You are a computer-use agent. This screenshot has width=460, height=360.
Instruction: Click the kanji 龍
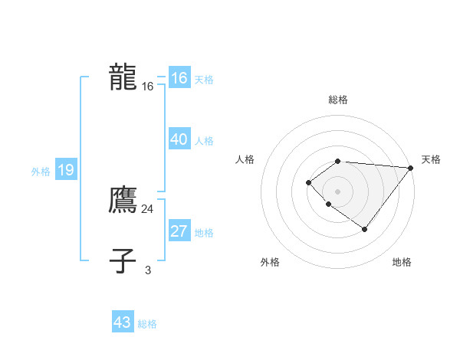click(x=123, y=77)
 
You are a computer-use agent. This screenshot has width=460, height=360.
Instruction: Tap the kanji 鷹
click(x=123, y=200)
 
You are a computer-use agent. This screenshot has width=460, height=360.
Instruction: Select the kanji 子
click(x=123, y=261)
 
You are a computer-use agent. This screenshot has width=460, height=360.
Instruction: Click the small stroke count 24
click(x=147, y=208)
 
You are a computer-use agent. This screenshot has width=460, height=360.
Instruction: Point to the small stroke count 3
click(x=148, y=270)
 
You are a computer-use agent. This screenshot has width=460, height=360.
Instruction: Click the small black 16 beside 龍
click(x=148, y=87)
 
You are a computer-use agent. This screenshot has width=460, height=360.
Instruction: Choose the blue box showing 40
click(x=179, y=139)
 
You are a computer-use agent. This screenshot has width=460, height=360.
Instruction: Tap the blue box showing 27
click(x=179, y=231)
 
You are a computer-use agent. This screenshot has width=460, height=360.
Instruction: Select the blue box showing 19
click(x=65, y=170)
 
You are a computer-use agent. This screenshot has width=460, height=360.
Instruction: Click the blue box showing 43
click(x=122, y=322)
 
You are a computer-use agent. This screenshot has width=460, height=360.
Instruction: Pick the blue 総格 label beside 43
click(x=147, y=324)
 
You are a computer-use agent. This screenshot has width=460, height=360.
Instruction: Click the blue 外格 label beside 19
click(x=41, y=172)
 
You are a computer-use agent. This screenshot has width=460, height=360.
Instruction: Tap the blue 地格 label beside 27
click(x=204, y=233)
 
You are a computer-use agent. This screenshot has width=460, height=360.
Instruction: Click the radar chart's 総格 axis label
click(x=337, y=100)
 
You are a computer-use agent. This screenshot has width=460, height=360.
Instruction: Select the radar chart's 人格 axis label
click(x=245, y=159)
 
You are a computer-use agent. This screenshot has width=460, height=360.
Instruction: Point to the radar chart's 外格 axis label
click(x=270, y=262)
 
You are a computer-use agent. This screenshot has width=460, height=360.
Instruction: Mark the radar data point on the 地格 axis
click(x=365, y=229)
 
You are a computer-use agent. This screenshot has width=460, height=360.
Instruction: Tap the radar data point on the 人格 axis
click(x=308, y=182)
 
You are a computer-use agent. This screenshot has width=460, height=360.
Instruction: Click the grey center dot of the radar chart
click(x=337, y=191)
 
